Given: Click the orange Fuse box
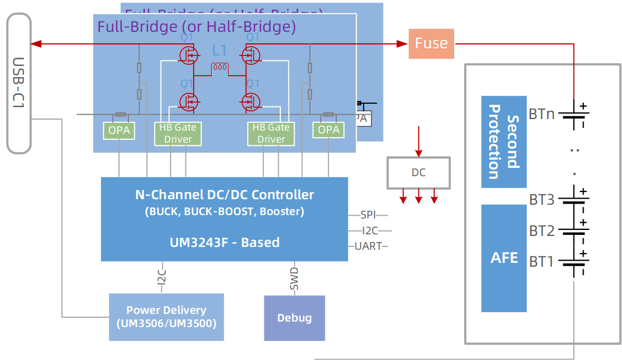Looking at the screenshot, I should [431, 43].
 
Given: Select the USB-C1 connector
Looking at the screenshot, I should [19, 83].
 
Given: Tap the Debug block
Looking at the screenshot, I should [295, 318].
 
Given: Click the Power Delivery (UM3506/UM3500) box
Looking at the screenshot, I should [166, 317].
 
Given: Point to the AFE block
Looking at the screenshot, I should [504, 258].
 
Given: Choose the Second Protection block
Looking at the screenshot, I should [504, 142].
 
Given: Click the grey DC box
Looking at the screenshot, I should [419, 173].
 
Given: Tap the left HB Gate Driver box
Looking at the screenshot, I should [178, 133].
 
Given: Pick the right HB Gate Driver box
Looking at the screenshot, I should [271, 133].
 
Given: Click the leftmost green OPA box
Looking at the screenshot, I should [119, 130].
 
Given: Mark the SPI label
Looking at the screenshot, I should [368, 215].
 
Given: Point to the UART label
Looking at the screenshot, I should [368, 246].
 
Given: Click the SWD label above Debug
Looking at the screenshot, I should [295, 279].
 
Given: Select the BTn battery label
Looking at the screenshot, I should [541, 114].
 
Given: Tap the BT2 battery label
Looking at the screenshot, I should [541, 231].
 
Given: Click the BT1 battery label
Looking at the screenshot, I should [541, 262].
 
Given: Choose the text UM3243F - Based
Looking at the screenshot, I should [224, 242].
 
